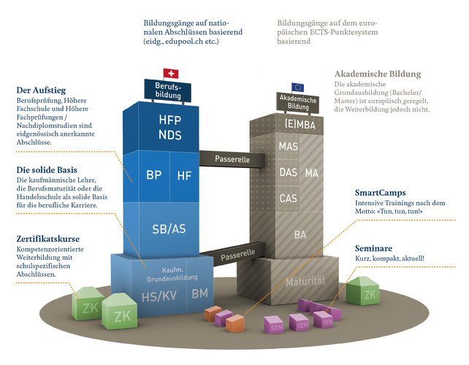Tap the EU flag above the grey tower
pyautogui.click(x=297, y=87)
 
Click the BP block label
pyautogui.click(x=153, y=175)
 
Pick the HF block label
pyautogui.click(x=184, y=175)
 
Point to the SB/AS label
pyautogui.click(x=168, y=228)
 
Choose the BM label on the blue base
pyautogui.click(x=199, y=293)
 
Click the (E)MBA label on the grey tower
pyautogui.click(x=297, y=124)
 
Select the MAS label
pyautogui.click(x=288, y=146)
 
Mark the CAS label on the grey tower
pyautogui.click(x=288, y=198)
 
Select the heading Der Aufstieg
pyautogui.click(x=43, y=91)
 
